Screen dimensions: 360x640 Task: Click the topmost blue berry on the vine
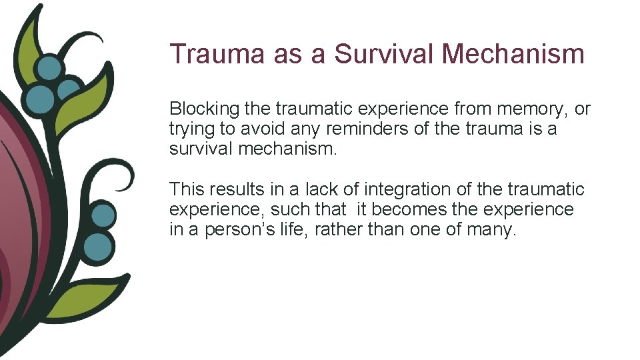pyautogui.click(x=49, y=68)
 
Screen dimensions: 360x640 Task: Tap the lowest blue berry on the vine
pyautogui.click(x=99, y=246)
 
